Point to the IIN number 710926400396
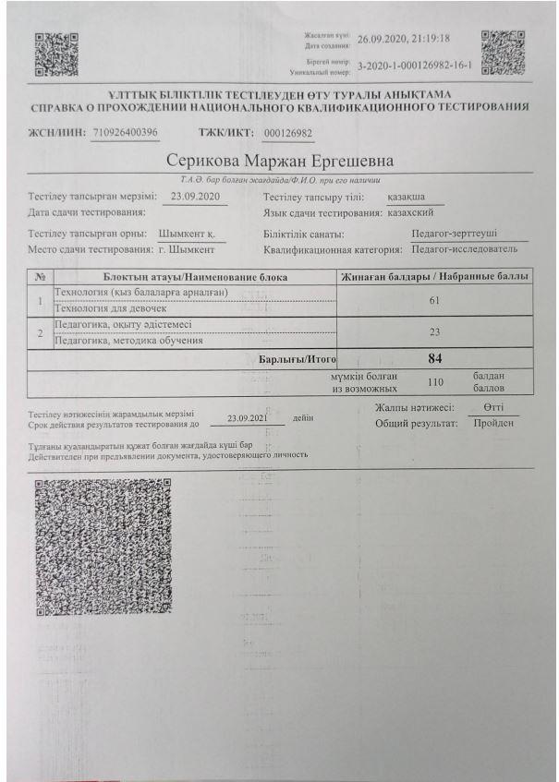click(x=126, y=132)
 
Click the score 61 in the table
click(x=433, y=301)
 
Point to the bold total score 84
click(x=433, y=358)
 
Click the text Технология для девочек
click(x=115, y=309)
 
